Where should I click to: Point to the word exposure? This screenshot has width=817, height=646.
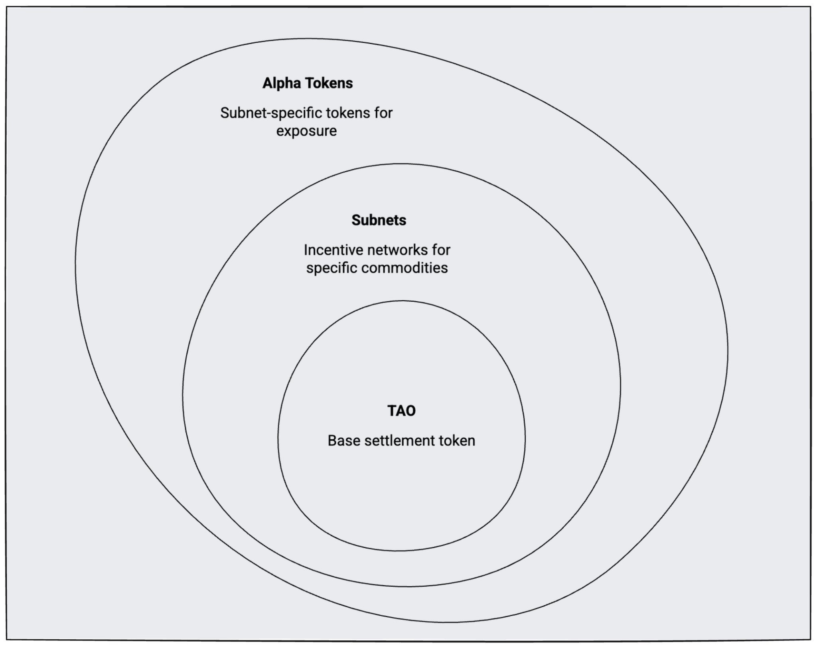click(x=306, y=131)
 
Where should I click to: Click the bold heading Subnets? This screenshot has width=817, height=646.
click(x=379, y=220)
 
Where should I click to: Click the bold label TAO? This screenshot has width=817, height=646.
click(x=401, y=411)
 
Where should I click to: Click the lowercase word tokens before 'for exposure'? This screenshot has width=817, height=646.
click(x=348, y=113)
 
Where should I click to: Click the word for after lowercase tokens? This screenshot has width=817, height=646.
click(x=383, y=113)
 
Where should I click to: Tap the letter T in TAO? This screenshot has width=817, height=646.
click(x=392, y=411)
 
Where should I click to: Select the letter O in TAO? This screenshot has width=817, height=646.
click(x=410, y=411)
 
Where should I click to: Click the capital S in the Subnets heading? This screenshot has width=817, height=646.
click(x=356, y=220)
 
